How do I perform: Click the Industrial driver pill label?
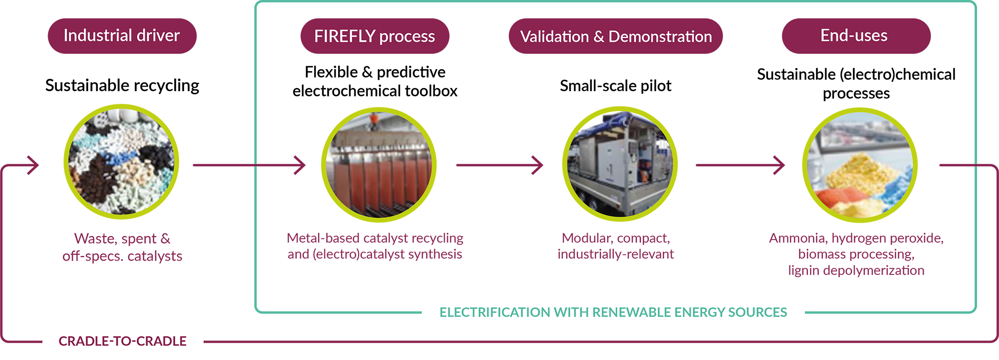click(122, 36)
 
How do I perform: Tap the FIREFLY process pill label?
click(374, 36)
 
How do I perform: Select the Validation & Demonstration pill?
click(615, 36)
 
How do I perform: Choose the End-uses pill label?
click(856, 36)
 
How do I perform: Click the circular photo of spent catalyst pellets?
click(121, 162)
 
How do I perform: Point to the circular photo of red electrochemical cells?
click(379, 165)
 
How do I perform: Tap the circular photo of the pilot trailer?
click(620, 164)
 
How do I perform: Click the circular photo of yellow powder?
click(860, 165)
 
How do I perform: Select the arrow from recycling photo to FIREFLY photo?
click(249, 165)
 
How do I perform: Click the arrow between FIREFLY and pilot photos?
click(500, 165)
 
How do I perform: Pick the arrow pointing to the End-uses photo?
click(740, 165)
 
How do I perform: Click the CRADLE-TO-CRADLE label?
click(122, 341)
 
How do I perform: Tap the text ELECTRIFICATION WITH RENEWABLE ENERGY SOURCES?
click(613, 312)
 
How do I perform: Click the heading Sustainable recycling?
click(122, 86)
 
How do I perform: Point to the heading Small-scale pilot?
click(615, 86)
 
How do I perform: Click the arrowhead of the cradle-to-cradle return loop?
click(34, 165)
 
